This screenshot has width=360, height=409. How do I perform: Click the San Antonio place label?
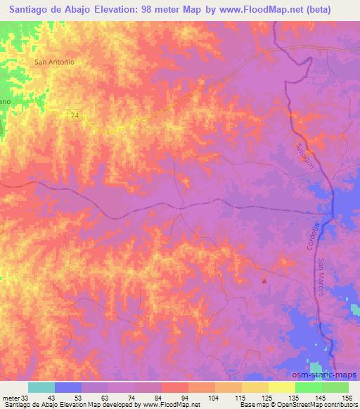coord(54,61)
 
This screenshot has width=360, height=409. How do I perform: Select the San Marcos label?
coord(322,277)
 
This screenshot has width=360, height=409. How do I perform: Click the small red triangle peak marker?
coord(264,280)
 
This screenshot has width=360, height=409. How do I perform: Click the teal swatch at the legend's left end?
coord(41,387)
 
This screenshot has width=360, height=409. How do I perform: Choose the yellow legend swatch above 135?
coord(281,387)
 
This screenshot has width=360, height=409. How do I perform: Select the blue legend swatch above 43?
coord(68,387)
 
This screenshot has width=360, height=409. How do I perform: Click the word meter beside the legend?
coord(10,397)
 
